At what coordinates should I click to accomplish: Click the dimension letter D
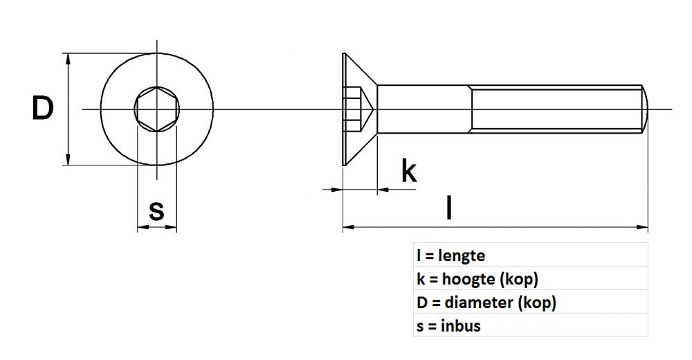[x=42, y=109]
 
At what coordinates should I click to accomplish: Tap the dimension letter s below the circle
[x=157, y=210]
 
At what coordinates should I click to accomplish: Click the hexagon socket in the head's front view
[x=157, y=109]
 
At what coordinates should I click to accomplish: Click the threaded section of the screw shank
[x=557, y=109]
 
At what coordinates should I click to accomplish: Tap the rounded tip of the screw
[x=646, y=109]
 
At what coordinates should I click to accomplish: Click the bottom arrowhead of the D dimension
[x=68, y=161]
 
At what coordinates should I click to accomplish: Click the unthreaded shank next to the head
[x=424, y=109]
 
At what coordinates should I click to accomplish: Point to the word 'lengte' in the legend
[x=462, y=256]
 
